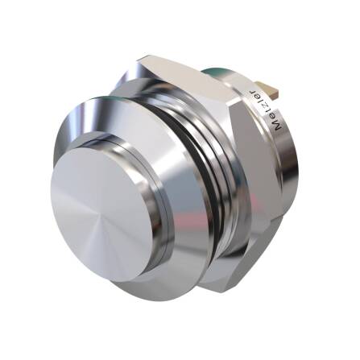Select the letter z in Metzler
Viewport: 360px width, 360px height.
click(268, 102)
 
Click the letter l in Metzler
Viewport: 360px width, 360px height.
click(264, 96)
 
